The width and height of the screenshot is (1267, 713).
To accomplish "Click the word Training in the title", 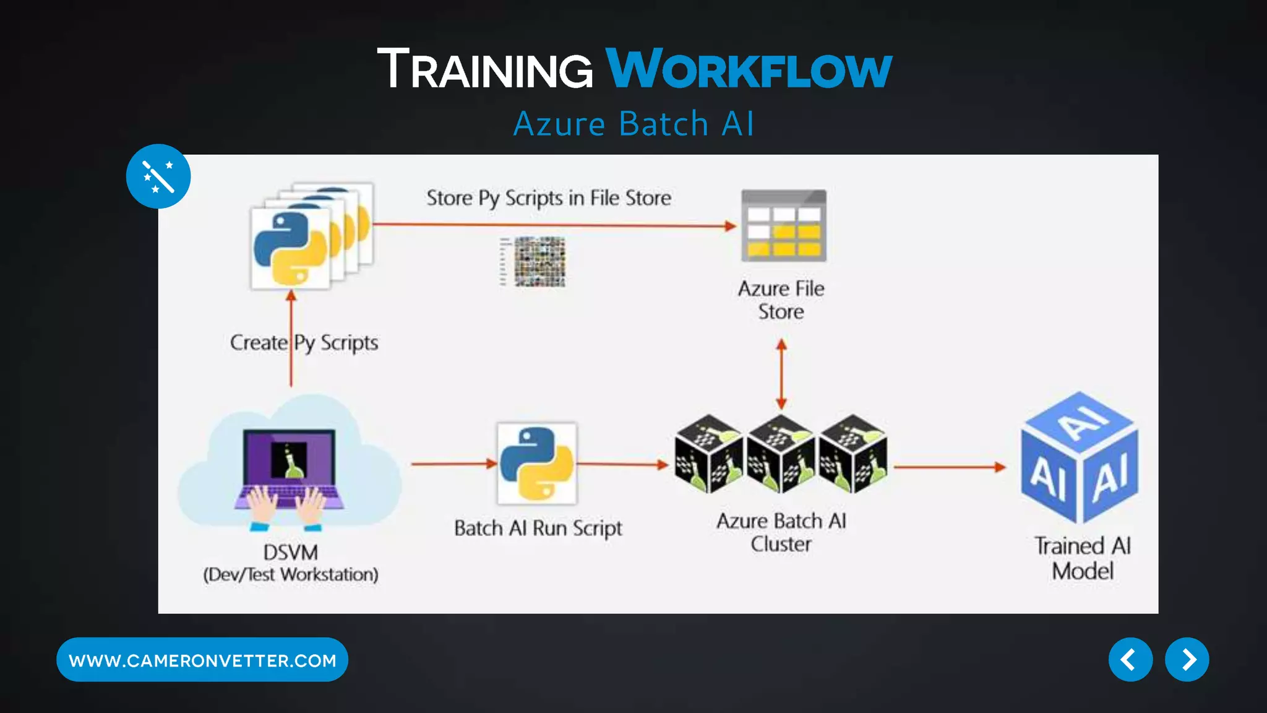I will point(485,69).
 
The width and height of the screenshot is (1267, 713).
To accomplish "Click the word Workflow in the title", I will point(749,69).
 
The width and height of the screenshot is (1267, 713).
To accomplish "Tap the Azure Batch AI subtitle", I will point(633,124).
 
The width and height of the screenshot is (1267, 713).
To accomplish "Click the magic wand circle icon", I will point(158,176).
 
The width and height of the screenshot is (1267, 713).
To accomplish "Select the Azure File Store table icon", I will point(784,226).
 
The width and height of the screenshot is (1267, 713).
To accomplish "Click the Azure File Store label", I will point(781,300).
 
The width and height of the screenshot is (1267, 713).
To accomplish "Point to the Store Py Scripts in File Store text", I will point(548,198).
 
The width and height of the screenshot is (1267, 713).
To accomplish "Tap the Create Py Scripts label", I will point(304,342).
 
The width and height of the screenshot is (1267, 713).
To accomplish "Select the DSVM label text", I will point(291,552).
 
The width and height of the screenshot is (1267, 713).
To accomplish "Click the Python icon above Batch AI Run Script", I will point(536,464).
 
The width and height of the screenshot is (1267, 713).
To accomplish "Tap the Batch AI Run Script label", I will point(538,528).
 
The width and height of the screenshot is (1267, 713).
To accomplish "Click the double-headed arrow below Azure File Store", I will point(781,374).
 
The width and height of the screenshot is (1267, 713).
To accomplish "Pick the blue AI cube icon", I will point(1080,458).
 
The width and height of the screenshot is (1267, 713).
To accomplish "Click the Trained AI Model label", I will point(1083,558).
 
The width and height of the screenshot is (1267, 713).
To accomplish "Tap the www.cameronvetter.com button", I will point(202,660).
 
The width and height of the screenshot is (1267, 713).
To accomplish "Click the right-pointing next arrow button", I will point(1187,660).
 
